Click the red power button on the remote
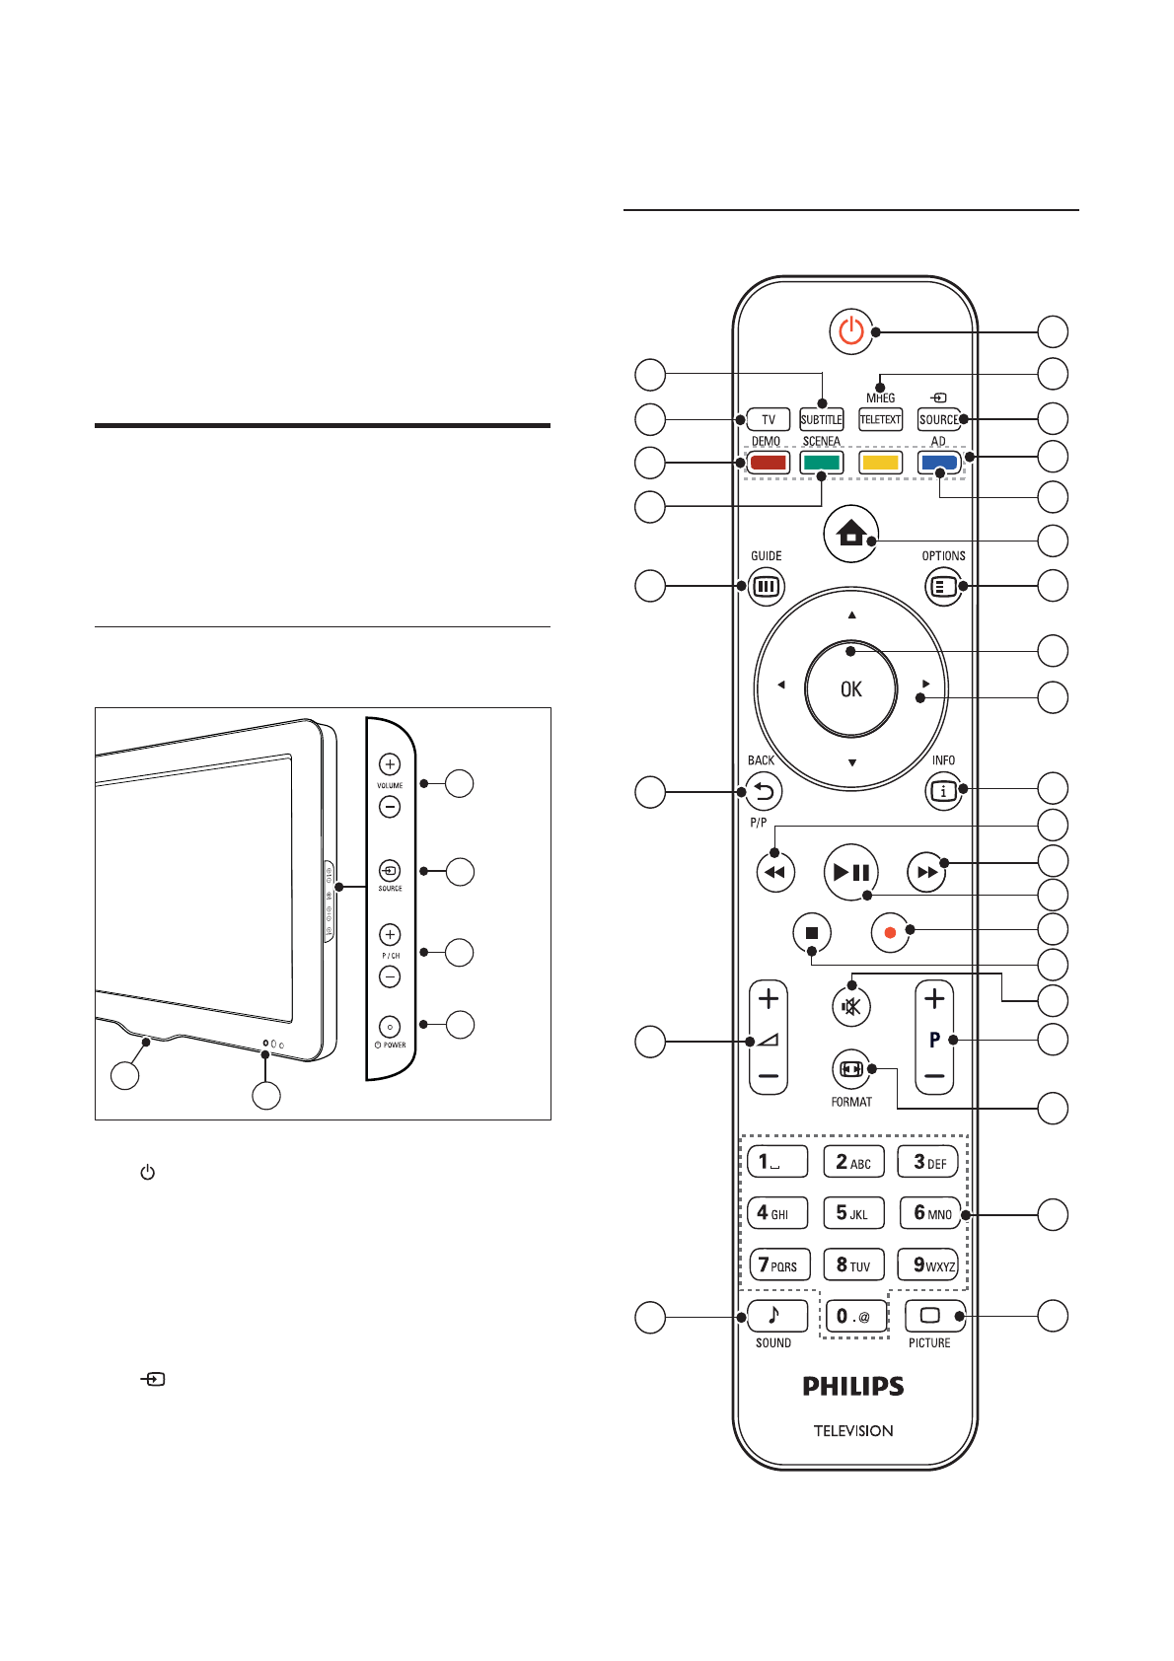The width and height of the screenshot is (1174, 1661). pos(851,331)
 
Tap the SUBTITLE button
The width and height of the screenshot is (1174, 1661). pos(821,420)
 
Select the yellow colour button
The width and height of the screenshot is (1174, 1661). pos(880,463)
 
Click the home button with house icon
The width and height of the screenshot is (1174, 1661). pos(850,534)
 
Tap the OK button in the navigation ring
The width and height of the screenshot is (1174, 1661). pos(850,689)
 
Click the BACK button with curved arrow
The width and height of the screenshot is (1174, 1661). pos(764,791)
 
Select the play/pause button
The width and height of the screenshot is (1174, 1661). pos(850,872)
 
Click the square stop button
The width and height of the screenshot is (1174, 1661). pos(812,932)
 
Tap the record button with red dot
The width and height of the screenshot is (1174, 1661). pos(890,932)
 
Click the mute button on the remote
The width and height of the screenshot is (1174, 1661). pos(850,1007)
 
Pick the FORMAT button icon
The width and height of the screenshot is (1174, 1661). pos(850,1069)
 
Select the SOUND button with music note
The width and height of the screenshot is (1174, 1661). pos(776,1316)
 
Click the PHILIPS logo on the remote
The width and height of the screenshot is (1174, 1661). pos(853,1387)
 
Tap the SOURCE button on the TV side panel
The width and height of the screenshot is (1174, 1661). pos(390,871)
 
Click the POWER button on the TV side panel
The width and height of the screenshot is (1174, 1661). pos(390,1027)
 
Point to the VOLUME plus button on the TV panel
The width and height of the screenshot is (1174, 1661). pos(390,764)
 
